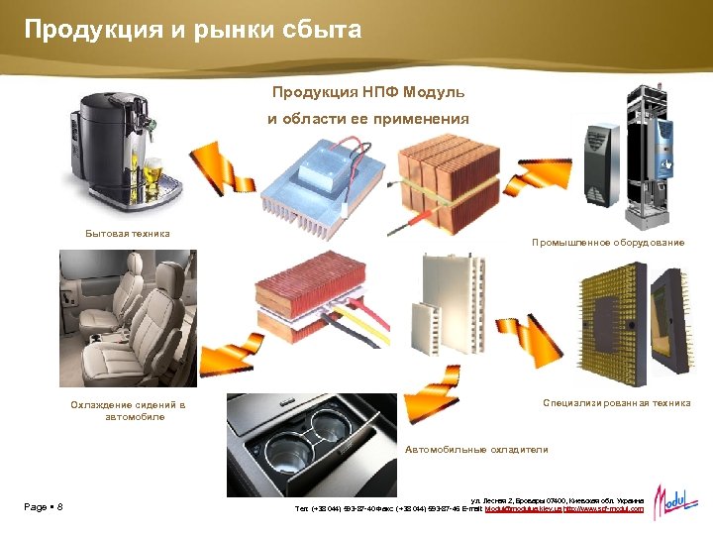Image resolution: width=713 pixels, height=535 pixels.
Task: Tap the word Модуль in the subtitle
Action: tap(433, 92)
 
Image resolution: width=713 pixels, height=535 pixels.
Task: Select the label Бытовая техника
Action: tap(127, 234)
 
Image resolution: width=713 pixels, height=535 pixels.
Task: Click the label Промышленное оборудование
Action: tap(607, 243)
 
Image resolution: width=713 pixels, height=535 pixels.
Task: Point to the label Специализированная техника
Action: tap(616, 403)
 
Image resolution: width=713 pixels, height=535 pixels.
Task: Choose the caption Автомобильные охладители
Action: tap(476, 450)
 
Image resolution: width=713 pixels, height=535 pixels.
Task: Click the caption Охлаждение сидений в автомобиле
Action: tap(128, 411)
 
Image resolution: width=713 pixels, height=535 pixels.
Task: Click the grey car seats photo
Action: tap(127, 317)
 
